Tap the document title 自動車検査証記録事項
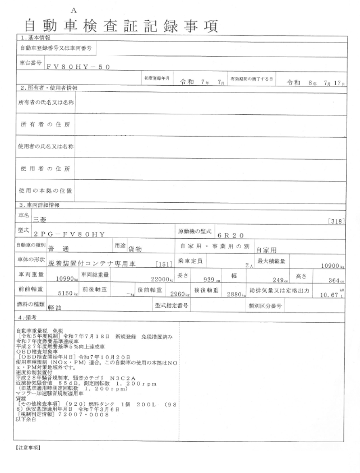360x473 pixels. point(120,26)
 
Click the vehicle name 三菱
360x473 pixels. point(40,221)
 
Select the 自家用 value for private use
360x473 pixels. point(267,250)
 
